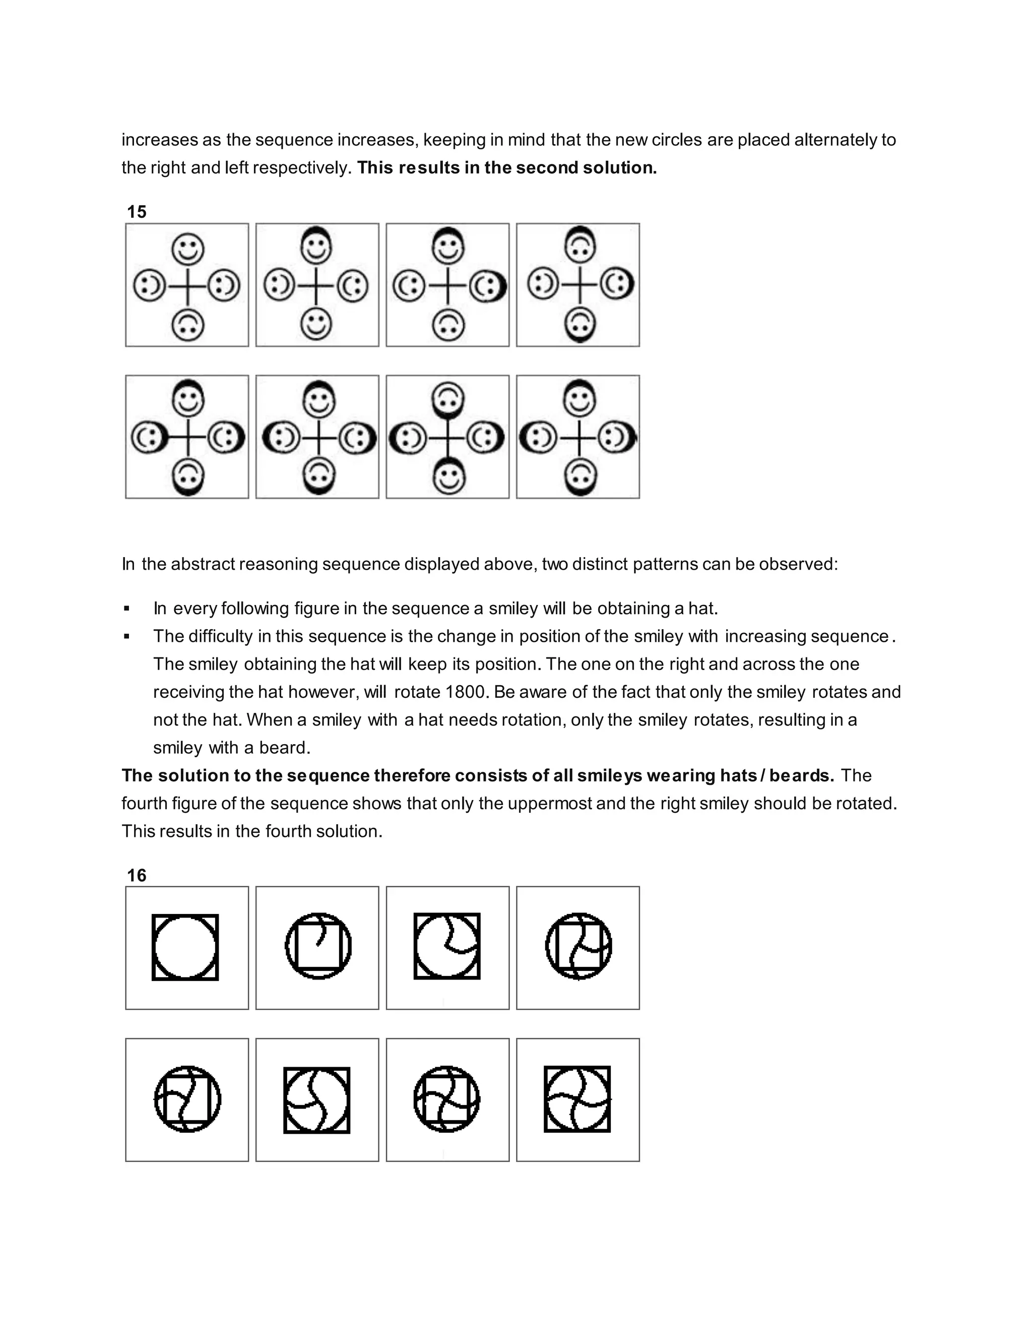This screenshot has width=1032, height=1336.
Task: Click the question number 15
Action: coord(137,212)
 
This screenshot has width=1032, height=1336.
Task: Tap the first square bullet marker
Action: coord(126,609)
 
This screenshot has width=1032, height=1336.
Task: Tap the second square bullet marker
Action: coord(126,636)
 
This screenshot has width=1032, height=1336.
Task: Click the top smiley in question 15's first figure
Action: coord(187,249)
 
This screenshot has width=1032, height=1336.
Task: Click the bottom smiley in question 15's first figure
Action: coord(187,325)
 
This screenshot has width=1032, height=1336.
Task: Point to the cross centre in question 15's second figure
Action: coord(316,286)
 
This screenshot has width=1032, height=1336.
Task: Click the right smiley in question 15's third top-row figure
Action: coord(487,286)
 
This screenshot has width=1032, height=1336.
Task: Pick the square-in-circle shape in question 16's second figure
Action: coord(318,946)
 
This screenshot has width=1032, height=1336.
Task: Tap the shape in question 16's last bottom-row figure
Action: coord(577,1099)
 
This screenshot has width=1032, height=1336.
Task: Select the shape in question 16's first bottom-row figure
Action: coord(187,1099)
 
